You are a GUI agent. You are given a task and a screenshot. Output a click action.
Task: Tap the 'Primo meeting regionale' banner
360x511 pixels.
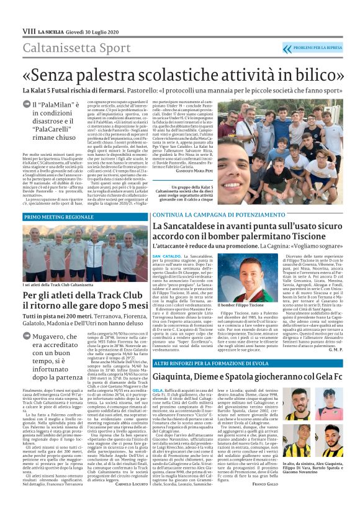point(59,217)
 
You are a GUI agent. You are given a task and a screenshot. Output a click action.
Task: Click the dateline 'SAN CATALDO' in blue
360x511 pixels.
point(166,256)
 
